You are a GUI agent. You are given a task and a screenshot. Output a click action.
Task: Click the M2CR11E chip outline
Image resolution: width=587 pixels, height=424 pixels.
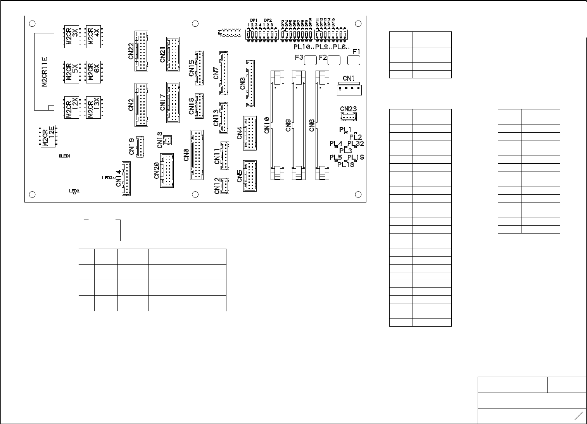44,72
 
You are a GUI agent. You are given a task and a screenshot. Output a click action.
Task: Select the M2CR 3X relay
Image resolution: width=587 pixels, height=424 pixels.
72,37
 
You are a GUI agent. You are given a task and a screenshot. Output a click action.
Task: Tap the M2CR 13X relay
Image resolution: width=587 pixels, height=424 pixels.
93,107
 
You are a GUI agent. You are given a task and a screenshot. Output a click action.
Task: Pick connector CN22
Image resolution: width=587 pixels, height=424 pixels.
141,51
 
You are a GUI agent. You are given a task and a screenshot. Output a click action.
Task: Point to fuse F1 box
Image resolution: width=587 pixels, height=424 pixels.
354,60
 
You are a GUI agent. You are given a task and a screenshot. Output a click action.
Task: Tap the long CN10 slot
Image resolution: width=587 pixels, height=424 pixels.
277,125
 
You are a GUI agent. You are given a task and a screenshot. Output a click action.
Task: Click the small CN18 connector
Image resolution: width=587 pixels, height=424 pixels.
168,140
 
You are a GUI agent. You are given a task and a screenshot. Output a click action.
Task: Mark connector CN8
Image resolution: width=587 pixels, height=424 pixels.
197,155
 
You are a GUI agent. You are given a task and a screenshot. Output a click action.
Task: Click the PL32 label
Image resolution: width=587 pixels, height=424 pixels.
356,144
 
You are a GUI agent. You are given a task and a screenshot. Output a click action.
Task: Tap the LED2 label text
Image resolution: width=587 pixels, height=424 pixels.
74,191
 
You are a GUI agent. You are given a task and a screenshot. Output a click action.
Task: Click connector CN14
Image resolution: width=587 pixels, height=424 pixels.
126,178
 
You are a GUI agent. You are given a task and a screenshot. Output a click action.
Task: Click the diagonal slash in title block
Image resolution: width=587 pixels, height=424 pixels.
578,416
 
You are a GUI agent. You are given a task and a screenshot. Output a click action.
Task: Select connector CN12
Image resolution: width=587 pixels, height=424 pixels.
224,186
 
